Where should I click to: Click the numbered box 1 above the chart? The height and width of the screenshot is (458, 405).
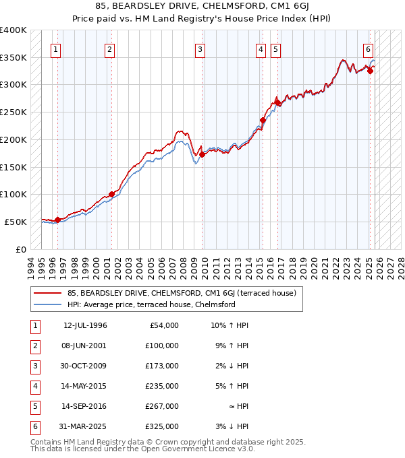tap(55, 49)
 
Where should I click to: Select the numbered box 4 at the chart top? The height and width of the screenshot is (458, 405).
tap(261, 49)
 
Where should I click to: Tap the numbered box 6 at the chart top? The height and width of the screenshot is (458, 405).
tap(368, 49)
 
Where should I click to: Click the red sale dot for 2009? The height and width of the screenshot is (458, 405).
tap(202, 154)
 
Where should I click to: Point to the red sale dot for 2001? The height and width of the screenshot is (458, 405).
tap(111, 194)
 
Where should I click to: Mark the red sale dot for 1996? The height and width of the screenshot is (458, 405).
tap(57, 219)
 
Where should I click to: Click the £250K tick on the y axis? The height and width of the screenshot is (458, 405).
tap(13, 112)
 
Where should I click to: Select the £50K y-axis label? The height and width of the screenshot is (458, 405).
tap(16, 222)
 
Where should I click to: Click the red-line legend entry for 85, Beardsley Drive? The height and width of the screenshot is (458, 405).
tap(176, 293)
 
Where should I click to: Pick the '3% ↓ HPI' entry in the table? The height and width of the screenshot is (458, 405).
tap(238, 426)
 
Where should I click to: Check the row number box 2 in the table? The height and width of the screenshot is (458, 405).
tap(33, 346)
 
